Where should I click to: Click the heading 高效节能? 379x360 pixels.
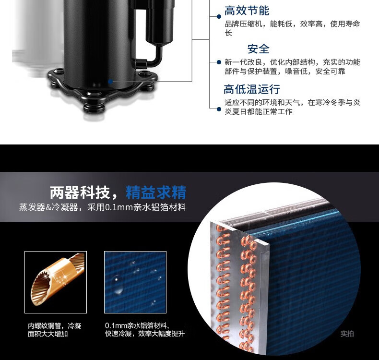pos(247,11)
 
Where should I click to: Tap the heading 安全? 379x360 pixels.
pos(258,49)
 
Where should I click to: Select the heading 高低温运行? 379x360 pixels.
pos(251,89)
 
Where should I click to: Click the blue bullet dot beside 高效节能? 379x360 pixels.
pos(219,16)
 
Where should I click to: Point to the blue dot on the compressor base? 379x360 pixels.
pos(110,82)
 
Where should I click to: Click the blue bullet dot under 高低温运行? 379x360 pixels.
pos(219,109)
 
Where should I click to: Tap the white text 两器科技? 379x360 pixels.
pos(80,192)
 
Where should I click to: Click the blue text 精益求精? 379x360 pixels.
pos(156,192)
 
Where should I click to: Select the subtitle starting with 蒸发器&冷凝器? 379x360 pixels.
pos(103,207)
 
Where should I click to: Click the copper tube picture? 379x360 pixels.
pos(56,282)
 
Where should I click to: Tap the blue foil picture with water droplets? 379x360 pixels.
pos(135,282)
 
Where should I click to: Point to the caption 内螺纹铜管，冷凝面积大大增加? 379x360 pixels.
pos(54,330)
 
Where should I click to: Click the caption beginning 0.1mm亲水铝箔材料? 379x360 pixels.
pos(145,330)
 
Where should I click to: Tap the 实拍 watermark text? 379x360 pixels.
pos(347,334)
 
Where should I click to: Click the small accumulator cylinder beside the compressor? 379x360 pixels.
pos(160,22)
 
